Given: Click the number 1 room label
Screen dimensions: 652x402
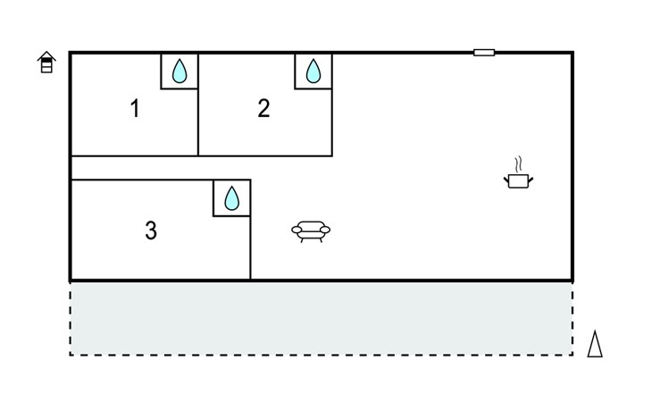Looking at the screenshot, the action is [x=135, y=108].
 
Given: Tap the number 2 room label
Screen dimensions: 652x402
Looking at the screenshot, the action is [x=263, y=108].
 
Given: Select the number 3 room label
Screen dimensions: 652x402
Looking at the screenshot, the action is [x=151, y=230].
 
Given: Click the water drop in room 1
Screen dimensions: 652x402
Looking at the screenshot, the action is [x=180, y=71].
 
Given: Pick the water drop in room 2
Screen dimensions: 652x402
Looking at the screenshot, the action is [x=313, y=71].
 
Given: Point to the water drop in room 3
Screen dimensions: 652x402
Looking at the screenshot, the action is [x=232, y=198].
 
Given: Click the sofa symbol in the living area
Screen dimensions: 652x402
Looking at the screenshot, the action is [x=311, y=231].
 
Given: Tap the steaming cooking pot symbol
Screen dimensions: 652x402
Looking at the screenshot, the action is [x=518, y=173].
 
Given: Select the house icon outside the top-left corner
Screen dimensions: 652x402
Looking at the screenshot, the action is [x=46, y=62].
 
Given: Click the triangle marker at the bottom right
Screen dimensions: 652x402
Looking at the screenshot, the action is [x=595, y=344].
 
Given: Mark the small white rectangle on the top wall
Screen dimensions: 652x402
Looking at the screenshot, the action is [x=484, y=53].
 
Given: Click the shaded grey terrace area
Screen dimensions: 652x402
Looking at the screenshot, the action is [x=322, y=318].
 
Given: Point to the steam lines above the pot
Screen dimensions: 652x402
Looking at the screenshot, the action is [x=518, y=164].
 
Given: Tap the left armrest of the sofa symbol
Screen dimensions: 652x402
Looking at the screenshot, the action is [x=297, y=230].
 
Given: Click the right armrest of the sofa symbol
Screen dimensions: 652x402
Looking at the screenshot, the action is [x=325, y=230].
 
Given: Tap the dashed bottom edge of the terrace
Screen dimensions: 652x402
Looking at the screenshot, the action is [x=322, y=355].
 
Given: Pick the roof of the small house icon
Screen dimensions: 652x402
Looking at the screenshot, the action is [x=46, y=55].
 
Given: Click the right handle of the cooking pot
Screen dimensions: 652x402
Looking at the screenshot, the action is [x=531, y=180].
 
